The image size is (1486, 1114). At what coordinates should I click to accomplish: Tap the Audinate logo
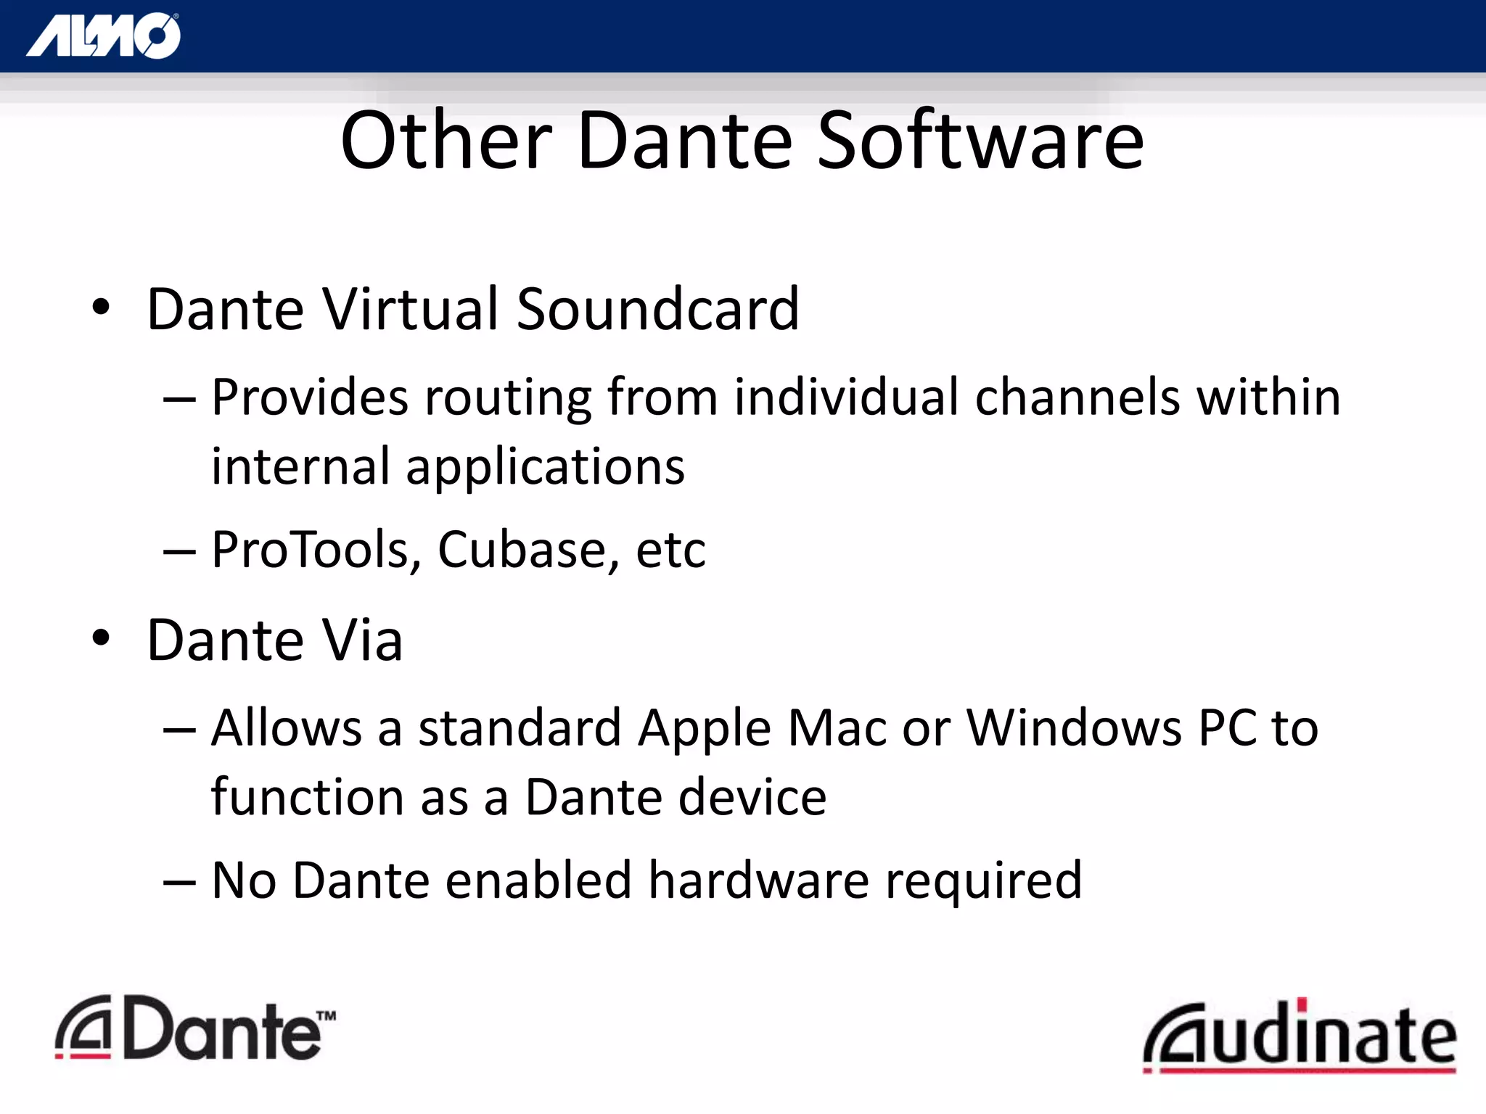pos(1299,1035)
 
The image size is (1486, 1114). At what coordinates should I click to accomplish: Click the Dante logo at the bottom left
pos(195,1028)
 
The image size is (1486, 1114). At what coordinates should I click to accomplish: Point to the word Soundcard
pos(657,310)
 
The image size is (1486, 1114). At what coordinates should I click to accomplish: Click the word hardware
pos(758,880)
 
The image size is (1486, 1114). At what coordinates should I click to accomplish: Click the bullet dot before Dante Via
pos(101,638)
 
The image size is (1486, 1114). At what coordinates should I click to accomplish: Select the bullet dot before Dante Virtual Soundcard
pos(101,308)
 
